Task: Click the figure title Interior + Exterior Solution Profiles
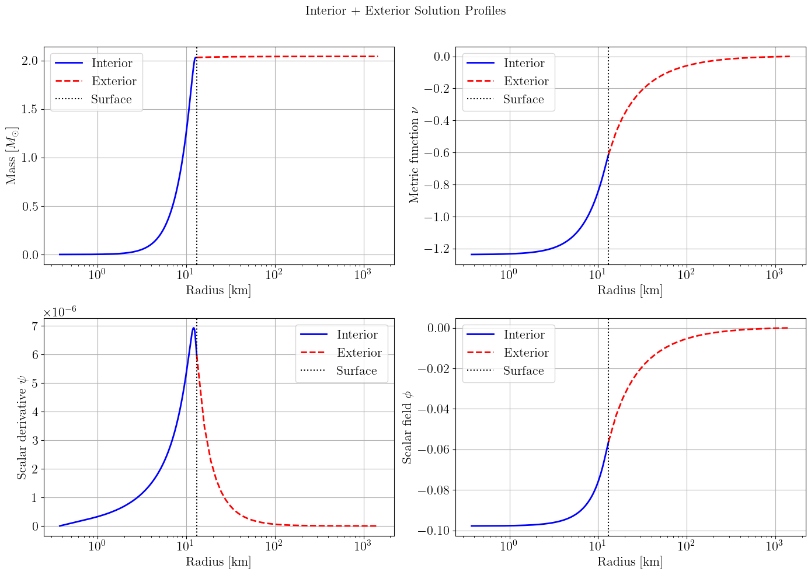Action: coord(405,11)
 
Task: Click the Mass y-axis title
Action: coord(12,155)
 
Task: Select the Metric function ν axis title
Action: coord(415,155)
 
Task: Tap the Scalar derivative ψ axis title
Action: coord(22,427)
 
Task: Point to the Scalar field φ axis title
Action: coord(408,427)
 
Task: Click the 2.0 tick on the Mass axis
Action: coord(30,61)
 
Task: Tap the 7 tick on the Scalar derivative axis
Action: coord(35,326)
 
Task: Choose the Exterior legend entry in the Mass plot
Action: coord(114,82)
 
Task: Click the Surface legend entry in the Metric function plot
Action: coord(523,100)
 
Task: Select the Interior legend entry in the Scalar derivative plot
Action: coord(357,335)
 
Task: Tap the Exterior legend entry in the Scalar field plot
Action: coord(526,353)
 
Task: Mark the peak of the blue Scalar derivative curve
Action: coord(193,327)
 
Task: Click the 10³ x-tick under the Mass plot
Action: coord(363,275)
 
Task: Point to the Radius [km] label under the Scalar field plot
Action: coord(630,562)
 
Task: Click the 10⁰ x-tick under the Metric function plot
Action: coord(509,275)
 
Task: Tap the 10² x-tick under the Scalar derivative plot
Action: coord(274,546)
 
